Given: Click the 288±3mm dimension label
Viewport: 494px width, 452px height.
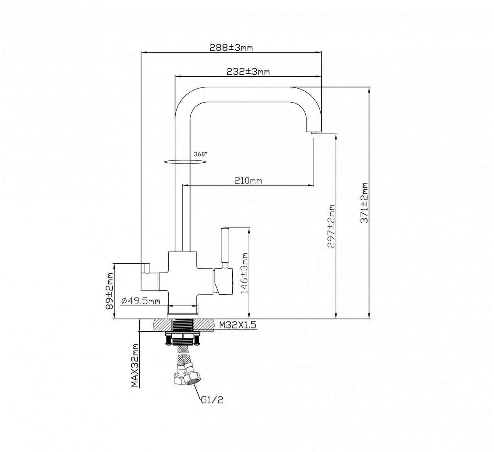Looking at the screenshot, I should (231, 47).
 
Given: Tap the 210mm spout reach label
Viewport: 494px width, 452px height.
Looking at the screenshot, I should (248, 180).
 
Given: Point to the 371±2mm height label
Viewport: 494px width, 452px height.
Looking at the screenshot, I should (364, 203).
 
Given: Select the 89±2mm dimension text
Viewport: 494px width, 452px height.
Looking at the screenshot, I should (110, 291).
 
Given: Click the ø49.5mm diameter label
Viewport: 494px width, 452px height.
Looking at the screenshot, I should (140, 301).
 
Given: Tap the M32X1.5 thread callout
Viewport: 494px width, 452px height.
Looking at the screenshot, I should (238, 325).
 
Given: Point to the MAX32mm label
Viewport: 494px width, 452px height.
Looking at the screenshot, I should (135, 365).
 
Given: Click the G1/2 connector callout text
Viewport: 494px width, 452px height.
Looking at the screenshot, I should (212, 400).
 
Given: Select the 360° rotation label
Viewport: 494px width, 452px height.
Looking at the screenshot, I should (200, 153).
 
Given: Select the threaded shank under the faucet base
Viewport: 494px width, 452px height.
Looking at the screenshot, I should (183, 325).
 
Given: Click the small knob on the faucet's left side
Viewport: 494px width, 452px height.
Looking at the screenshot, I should (146, 267).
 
